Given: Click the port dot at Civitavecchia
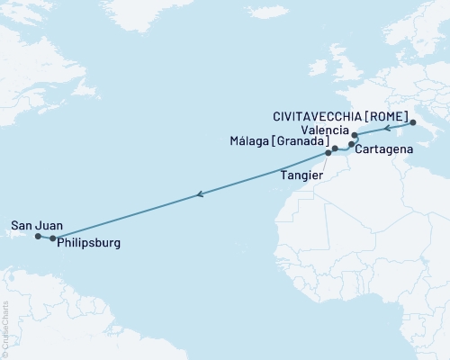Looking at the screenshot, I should pos(411,123).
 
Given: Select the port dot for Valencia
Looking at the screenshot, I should pos(355,136).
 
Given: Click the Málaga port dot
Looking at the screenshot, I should pos(334,148).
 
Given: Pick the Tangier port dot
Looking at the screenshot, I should pos(328,153).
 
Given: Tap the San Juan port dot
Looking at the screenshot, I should pos(38,237).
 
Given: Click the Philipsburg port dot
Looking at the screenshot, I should pos(53,238).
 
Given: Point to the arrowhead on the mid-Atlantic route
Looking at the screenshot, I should pos(201,193).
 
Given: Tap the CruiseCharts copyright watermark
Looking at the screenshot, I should pos(5,328).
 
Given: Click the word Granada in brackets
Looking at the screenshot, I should pos(301,144).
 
